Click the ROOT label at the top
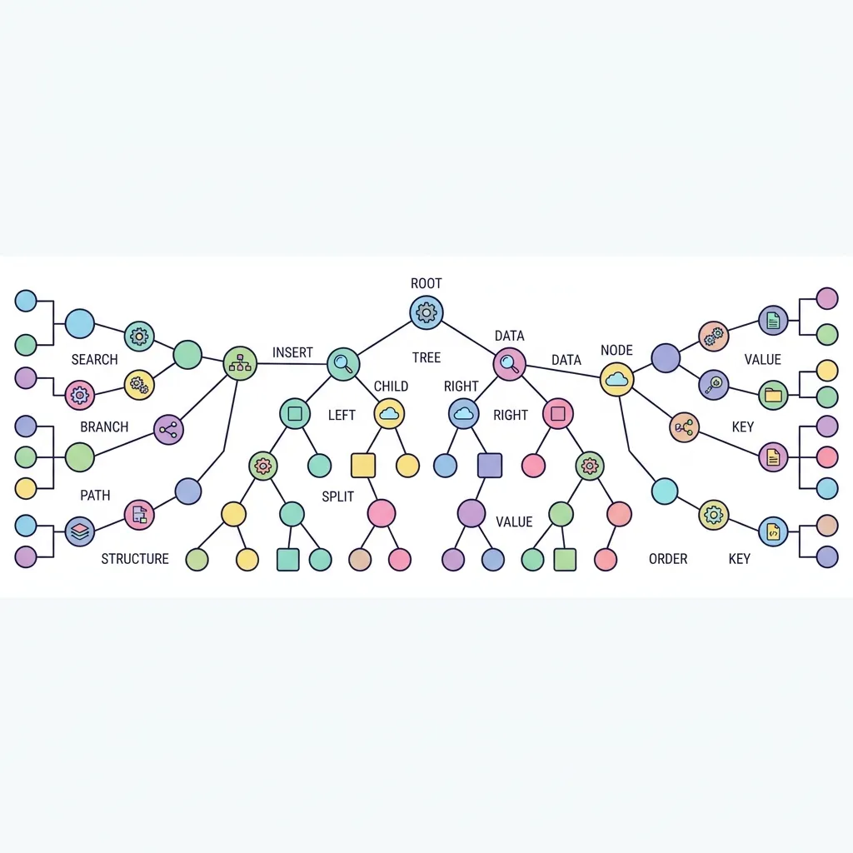[x=426, y=283]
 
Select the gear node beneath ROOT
[x=426, y=312]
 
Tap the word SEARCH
[x=95, y=360]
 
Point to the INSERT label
[x=292, y=352]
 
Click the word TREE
[x=426, y=358]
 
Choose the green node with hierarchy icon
[x=240, y=363]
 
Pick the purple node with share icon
[x=168, y=430]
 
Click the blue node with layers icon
[x=80, y=531]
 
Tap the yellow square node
[x=363, y=466]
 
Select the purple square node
[x=490, y=466]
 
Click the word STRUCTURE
[x=135, y=559]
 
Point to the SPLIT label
[x=338, y=496]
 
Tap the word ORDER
[x=668, y=559]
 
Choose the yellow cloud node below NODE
[x=617, y=379]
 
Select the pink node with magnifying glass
[x=509, y=364]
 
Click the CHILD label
[x=392, y=387]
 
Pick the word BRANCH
[x=104, y=427]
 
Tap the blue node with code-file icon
[x=773, y=531]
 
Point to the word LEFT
[x=342, y=415]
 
